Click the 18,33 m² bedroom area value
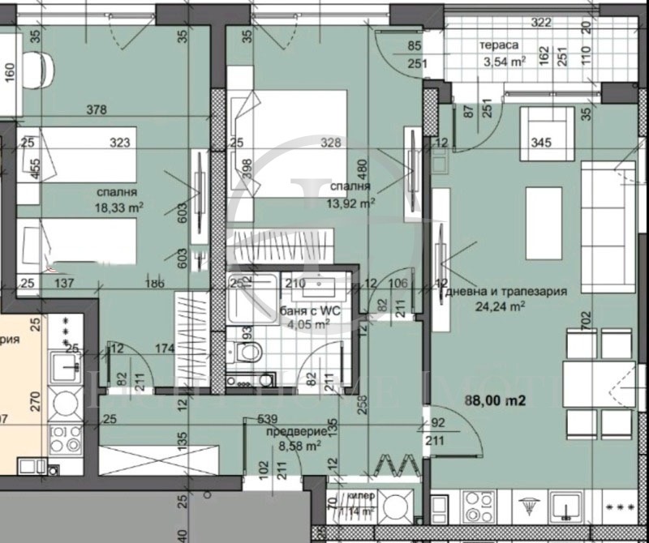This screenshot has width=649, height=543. pos(118,207)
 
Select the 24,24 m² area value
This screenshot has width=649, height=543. pos(503,306)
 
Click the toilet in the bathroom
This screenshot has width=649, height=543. pos(247,353)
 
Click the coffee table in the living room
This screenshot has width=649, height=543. pos(544,212)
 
